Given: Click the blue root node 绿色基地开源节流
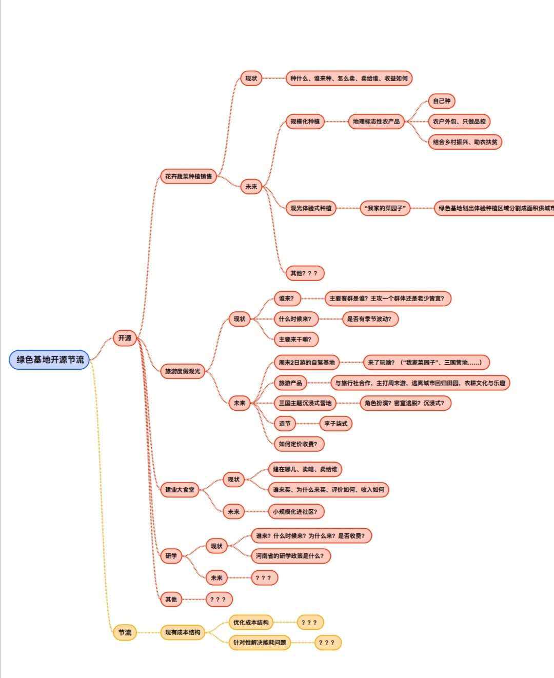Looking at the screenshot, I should tap(50, 360).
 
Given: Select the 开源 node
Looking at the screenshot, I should tap(125, 338).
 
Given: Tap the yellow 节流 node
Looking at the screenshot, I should tap(125, 632).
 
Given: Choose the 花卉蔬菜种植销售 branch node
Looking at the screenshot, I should tap(188, 176).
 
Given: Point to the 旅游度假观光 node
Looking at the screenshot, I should tap(183, 371).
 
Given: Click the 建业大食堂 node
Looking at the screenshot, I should tap(180, 490).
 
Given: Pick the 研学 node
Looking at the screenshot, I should tap(171, 555).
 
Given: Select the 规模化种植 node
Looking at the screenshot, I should tap(305, 122).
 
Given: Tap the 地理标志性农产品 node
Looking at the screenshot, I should tap(376, 122).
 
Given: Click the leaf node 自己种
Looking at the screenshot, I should tap(441, 101).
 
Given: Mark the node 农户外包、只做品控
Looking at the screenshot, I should tap(459, 122).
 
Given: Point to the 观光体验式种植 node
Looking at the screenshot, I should tap(311, 208).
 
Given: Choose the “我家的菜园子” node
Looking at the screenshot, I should tap(385, 208).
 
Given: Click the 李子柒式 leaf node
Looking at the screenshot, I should tap(335, 424).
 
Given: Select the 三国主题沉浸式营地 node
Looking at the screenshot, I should tap(305, 403).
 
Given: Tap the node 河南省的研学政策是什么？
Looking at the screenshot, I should tap(290, 555).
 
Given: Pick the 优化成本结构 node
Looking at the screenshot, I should tap(251, 623).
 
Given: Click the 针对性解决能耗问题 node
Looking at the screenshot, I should tap(260, 643).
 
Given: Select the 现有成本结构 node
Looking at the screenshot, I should tap(183, 632).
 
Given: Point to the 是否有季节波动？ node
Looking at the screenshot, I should tap(370, 319).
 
